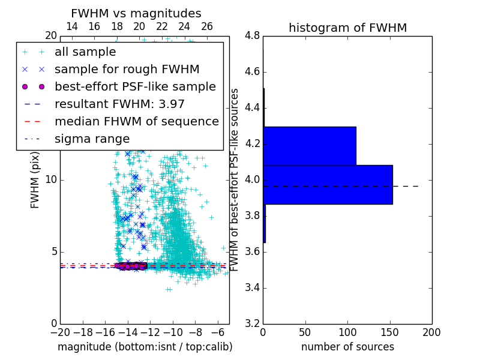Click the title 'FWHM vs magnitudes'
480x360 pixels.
pos(136,13)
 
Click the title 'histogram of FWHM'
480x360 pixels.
pos(347,28)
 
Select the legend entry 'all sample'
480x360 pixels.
pos(85,52)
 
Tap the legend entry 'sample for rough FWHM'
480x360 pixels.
pos(127,69)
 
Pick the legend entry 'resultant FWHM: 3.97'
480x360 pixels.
pos(119,104)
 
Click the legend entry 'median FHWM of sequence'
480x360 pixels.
pos(136,121)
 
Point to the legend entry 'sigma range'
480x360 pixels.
pos(92,139)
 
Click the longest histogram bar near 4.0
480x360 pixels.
pos(328,184)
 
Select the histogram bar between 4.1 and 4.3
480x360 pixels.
pos(310,146)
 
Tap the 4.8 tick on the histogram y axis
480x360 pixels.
pos(252,35)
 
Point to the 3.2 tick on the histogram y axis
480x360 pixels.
pos(252,323)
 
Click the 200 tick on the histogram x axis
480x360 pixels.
pos(431,332)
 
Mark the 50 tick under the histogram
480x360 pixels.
pos(305,332)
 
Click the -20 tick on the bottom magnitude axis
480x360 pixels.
pos(60,332)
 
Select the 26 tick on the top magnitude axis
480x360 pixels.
pos(207,26)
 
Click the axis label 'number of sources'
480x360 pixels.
pos(347,347)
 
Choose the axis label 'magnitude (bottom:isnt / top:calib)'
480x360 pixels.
pos(145,347)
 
